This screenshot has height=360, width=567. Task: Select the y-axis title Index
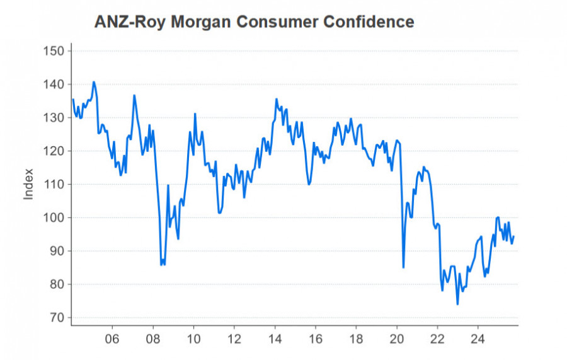[x=28, y=185]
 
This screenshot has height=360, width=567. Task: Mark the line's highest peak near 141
[x=94, y=82]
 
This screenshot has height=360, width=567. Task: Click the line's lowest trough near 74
[x=457, y=304]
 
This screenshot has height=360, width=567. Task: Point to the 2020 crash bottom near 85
[x=403, y=267]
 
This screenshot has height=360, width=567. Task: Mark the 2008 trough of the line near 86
[x=162, y=264]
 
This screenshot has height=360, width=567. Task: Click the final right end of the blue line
[x=514, y=236]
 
